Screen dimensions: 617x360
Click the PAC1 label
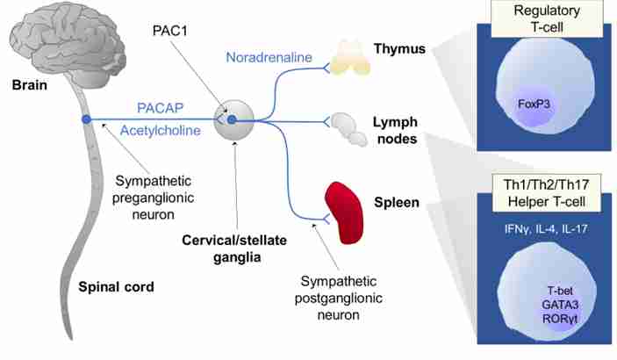(x=170, y=31)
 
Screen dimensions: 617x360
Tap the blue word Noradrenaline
(x=269, y=57)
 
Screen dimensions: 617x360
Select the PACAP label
(x=160, y=108)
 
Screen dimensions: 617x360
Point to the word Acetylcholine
(x=160, y=130)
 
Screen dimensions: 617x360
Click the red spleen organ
(x=343, y=212)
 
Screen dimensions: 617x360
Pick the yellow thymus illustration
(x=350, y=58)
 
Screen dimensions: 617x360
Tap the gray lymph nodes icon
(x=348, y=130)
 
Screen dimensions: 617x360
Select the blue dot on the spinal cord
(x=86, y=119)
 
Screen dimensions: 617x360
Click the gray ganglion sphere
(x=234, y=119)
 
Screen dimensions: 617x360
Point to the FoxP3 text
(x=534, y=104)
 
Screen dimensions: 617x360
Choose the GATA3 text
(x=560, y=305)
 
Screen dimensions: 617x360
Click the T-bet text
(x=560, y=291)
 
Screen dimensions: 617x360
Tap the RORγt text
(x=560, y=319)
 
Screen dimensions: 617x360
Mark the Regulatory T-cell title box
(x=547, y=18)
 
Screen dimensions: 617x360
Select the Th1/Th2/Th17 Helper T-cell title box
(x=547, y=193)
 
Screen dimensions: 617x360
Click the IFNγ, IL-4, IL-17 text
(x=546, y=229)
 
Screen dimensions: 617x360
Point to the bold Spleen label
(x=396, y=203)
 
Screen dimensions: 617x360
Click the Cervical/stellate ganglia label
(x=234, y=248)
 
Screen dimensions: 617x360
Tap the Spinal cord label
(x=116, y=287)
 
